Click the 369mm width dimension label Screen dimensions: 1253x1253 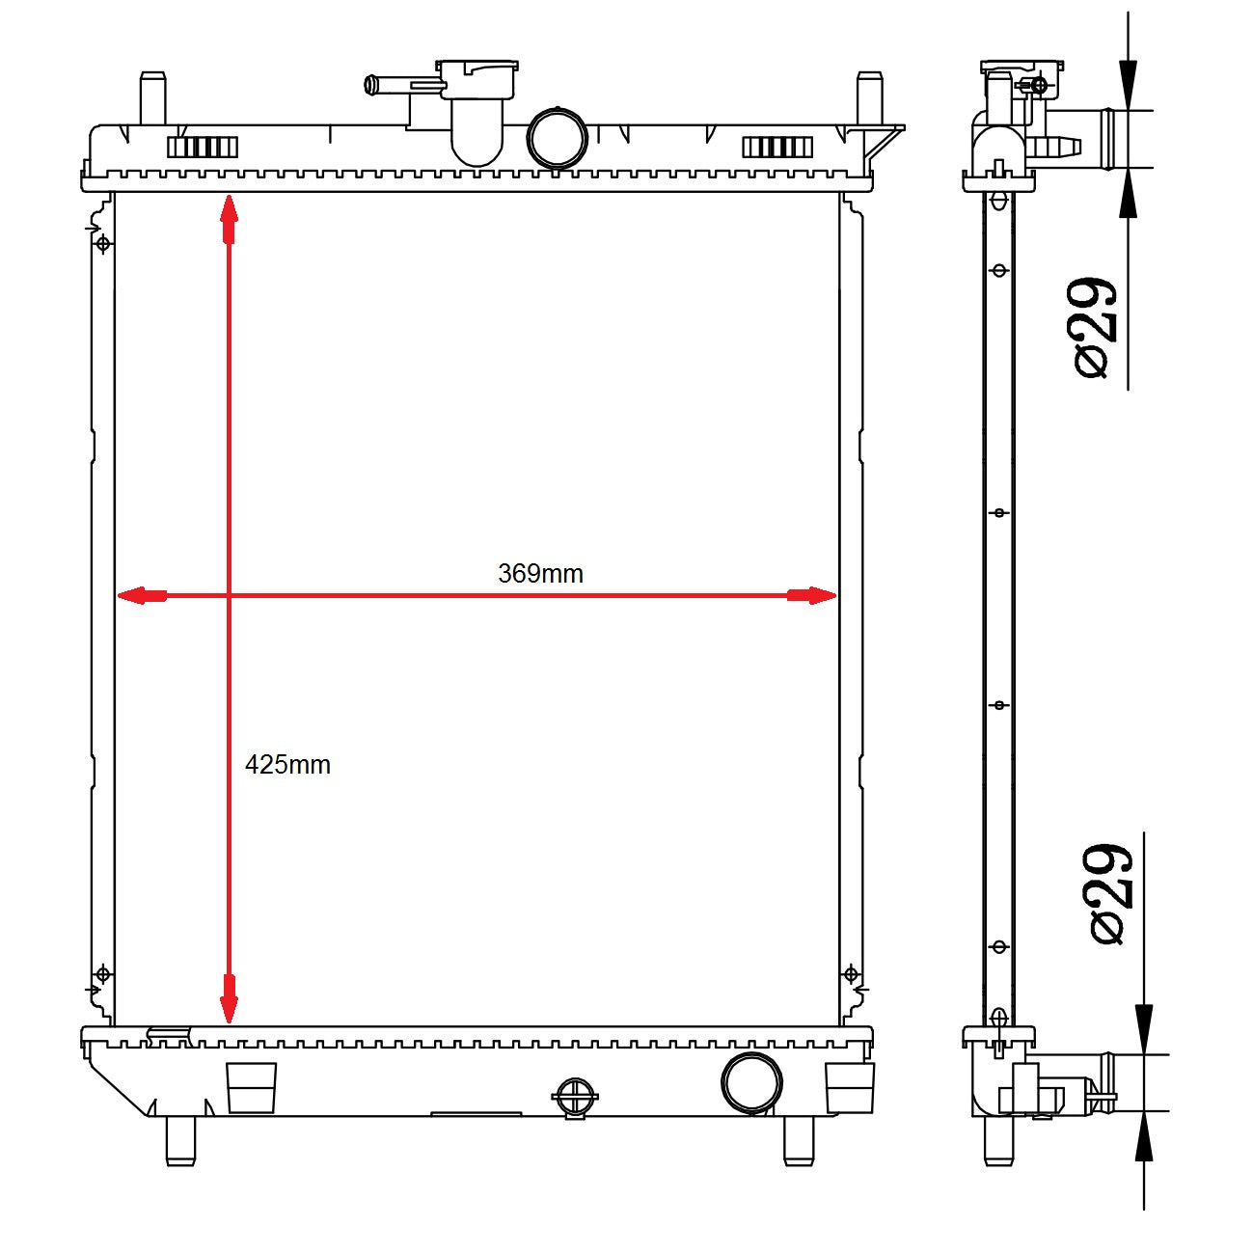(x=540, y=574)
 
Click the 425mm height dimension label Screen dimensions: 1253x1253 (x=287, y=765)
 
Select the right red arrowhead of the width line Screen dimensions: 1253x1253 (x=811, y=595)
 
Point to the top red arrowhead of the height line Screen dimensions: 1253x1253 (x=229, y=219)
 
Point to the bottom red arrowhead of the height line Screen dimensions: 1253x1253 (x=229, y=998)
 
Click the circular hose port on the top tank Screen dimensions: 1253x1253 (x=558, y=139)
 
